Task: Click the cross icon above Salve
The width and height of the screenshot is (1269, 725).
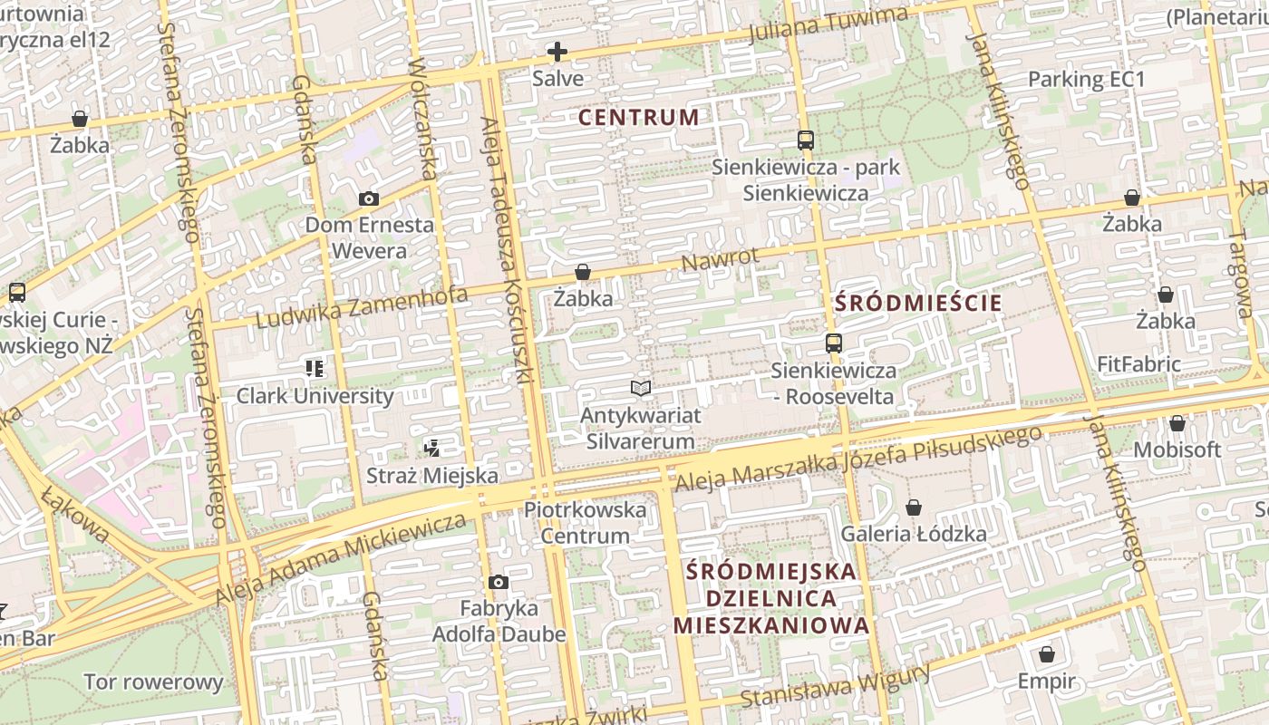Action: click(557, 52)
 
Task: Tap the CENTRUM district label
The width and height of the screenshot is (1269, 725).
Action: click(638, 117)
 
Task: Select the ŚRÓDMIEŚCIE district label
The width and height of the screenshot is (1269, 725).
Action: click(918, 303)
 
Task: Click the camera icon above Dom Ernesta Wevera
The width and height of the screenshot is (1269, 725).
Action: click(369, 198)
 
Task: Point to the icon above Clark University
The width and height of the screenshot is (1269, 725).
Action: click(315, 368)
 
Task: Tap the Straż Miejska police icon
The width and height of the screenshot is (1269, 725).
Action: click(432, 447)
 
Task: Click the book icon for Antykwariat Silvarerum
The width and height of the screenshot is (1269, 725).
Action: click(641, 389)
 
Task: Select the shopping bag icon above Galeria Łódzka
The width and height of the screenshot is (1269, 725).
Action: click(914, 507)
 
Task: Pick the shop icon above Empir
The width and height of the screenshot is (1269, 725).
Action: click(1047, 654)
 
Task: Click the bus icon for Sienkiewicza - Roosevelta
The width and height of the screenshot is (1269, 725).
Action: click(833, 343)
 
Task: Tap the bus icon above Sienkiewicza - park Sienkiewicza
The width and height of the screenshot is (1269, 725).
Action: click(805, 140)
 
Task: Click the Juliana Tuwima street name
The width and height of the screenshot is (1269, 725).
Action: click(828, 25)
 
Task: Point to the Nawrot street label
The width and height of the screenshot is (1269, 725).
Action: click(720, 260)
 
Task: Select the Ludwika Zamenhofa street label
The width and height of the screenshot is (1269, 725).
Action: click(362, 307)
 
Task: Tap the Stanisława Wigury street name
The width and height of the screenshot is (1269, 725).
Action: click(835, 686)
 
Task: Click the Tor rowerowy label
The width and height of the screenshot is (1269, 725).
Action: click(153, 682)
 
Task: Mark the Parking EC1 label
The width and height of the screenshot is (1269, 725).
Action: click(1086, 80)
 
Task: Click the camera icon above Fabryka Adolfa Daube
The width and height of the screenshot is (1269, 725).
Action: click(498, 582)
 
